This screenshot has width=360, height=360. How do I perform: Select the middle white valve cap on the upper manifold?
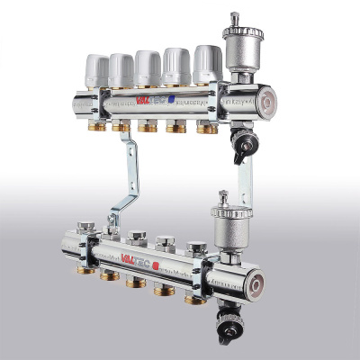point(148,66)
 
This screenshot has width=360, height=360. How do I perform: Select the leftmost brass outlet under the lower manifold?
point(85,271)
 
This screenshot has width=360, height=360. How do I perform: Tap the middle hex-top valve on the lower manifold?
point(137,238)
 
